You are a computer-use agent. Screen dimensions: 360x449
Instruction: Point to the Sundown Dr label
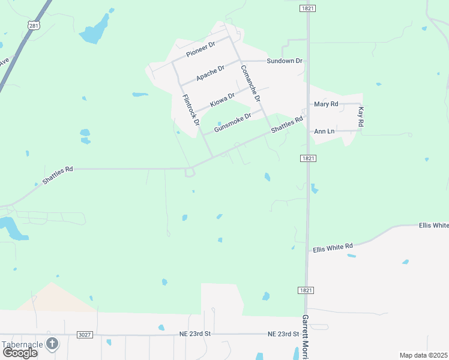point(285,61)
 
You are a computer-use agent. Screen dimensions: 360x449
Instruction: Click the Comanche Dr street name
point(251,82)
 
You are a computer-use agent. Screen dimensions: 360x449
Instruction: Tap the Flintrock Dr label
point(191,110)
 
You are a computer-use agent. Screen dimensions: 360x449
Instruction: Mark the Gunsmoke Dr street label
point(232,124)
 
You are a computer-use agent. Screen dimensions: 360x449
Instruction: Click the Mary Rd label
point(327,104)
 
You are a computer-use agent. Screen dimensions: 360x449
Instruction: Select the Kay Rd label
point(361,117)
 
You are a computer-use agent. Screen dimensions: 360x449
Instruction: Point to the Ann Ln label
point(324,131)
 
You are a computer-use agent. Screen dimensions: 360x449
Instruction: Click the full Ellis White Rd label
point(332,246)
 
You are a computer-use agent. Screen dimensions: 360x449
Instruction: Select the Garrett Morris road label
point(306,336)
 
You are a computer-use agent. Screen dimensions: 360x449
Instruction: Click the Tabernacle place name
point(22,344)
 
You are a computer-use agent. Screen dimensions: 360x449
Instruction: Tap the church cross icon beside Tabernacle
point(53,344)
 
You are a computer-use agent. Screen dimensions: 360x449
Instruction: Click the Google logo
point(20,353)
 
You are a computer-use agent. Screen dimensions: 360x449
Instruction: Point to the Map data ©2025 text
point(423,355)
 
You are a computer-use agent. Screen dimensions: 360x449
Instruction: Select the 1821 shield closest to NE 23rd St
point(306,290)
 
